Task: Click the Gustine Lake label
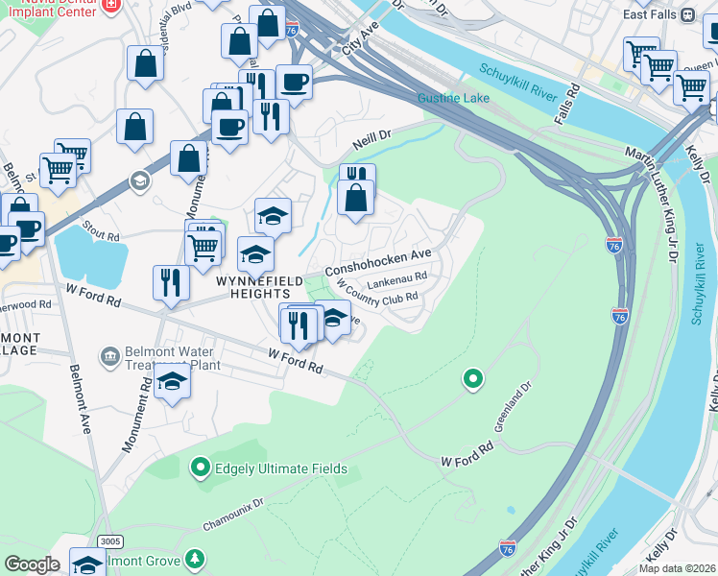pyautogui.click(x=453, y=99)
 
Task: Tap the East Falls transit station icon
pyautogui.click(x=687, y=15)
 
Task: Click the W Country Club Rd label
pyautogui.click(x=378, y=297)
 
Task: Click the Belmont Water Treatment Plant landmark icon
pyautogui.click(x=109, y=357)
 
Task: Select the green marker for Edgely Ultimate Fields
pyautogui.click(x=200, y=468)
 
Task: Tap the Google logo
pyautogui.click(x=32, y=564)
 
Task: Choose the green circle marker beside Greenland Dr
pyautogui.click(x=472, y=378)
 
